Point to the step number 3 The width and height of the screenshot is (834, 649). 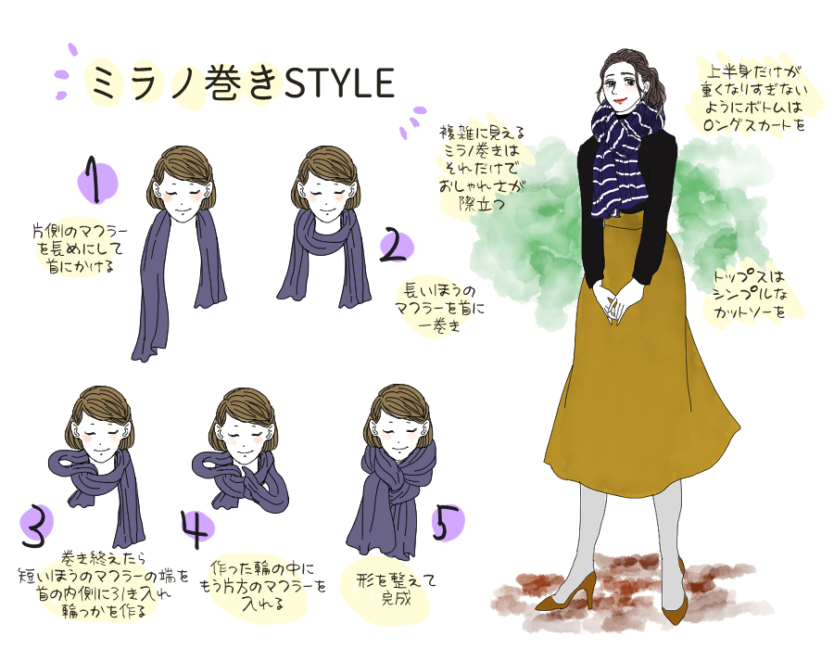coord(33,527)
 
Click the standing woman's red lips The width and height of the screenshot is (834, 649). coord(617,100)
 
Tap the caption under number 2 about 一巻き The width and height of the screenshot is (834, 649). coord(434,307)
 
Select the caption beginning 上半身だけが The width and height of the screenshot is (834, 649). coord(750,97)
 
